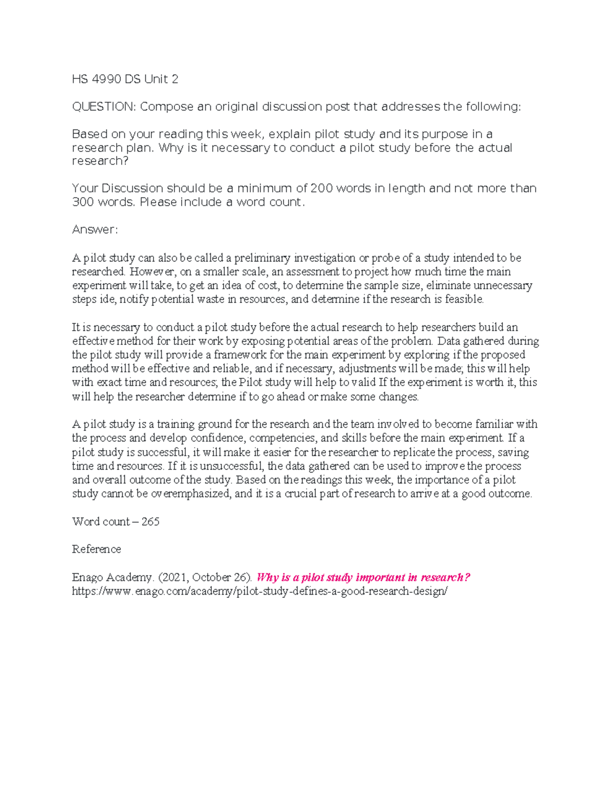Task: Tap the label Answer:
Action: pos(95,229)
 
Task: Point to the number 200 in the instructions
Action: pos(321,188)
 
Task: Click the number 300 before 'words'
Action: pos(83,202)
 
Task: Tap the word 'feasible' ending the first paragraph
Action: pos(464,299)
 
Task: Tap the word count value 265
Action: pos(150,522)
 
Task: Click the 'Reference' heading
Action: pos(96,549)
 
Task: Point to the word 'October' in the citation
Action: pos(211,577)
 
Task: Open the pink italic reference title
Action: pos(363,577)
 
